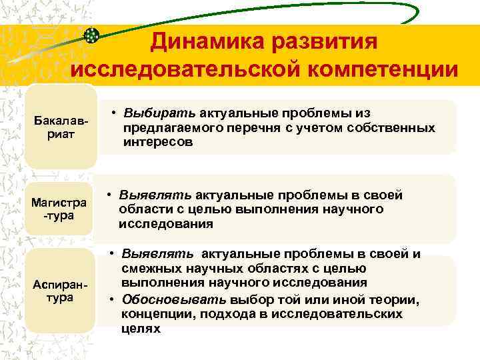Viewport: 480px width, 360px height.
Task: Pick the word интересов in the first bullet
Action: [x=158, y=141]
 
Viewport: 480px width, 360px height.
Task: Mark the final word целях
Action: [x=141, y=329]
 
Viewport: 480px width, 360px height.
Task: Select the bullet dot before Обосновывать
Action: [x=114, y=300]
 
